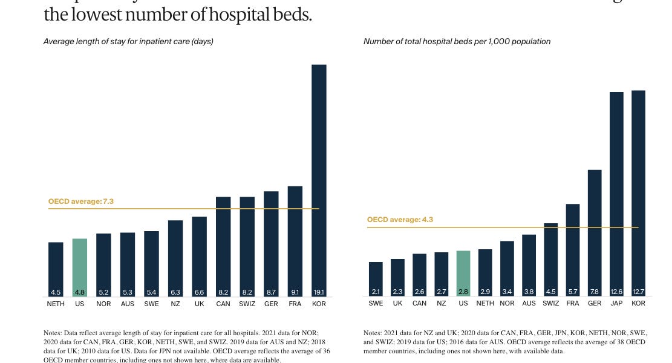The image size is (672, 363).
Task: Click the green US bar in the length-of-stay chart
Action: point(80,266)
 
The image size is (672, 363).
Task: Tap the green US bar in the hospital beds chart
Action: point(463,272)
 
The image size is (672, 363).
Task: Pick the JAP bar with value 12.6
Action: point(616,194)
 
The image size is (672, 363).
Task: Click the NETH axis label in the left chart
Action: point(56,304)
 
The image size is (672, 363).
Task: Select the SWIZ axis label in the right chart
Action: point(550,304)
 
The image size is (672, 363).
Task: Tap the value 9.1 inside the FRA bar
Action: point(295,292)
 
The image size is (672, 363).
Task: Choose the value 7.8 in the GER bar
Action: point(595,292)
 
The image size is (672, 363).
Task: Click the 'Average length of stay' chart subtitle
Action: point(128,42)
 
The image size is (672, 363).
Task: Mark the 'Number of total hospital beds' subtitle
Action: point(457,42)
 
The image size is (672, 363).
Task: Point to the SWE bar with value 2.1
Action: point(376,278)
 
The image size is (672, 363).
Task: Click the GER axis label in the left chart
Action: point(271,304)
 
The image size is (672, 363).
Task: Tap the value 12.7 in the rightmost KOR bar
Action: point(638,292)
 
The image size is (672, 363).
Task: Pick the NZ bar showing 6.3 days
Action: point(175,257)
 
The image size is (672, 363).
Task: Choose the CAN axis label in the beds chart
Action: point(419,304)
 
